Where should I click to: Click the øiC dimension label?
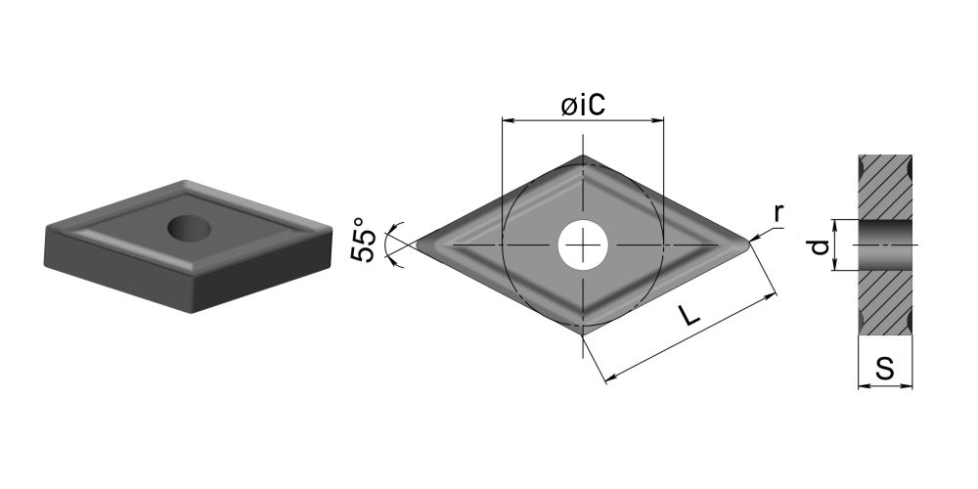coord(583,106)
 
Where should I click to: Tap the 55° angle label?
coord(365,240)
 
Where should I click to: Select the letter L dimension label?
coord(689,316)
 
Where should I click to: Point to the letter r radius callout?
coord(778,213)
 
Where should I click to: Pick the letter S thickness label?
coord(884,370)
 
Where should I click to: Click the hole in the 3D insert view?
coord(189,228)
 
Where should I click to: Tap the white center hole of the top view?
coord(583,244)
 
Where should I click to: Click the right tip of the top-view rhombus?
coord(750,244)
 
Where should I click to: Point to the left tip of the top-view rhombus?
coord(416,244)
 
